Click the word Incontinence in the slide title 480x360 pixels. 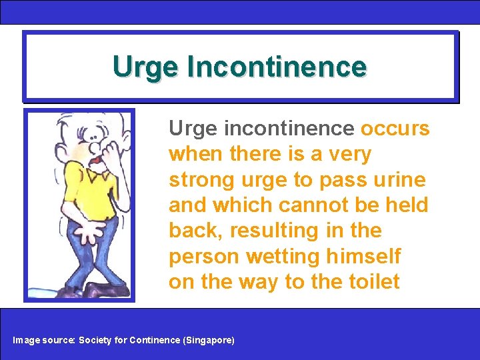coord(277,67)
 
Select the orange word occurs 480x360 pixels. coord(395,128)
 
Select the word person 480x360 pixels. coord(205,257)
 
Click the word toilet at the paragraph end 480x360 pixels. coord(373,282)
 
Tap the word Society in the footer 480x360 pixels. coord(95,340)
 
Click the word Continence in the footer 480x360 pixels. coord(154,340)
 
